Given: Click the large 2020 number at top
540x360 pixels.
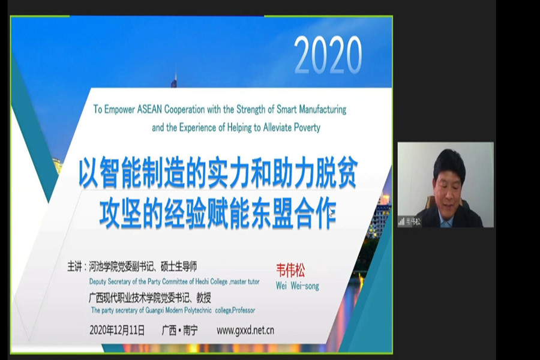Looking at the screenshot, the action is point(328,55).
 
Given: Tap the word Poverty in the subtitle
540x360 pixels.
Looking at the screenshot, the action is point(306,128).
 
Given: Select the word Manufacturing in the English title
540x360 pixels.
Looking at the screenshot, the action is point(323,110).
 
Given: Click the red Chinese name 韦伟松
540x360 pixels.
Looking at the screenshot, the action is point(290,271).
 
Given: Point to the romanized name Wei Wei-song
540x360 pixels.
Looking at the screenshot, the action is point(297,286).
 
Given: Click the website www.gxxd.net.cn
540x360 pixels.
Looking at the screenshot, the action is point(245,331).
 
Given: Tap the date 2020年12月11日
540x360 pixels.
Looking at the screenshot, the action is point(117,330).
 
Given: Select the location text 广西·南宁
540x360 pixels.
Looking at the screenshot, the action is point(179,331).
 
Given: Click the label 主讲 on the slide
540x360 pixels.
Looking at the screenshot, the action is point(74,266).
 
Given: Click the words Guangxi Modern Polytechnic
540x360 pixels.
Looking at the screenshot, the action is point(178,310).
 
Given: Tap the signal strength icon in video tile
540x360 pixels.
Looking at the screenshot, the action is point(401,221).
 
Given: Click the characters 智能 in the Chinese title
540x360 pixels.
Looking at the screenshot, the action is point(122,174).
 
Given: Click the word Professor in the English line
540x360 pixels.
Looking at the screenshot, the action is point(244,310).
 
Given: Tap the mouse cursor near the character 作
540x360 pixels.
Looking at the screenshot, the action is point(331,211).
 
